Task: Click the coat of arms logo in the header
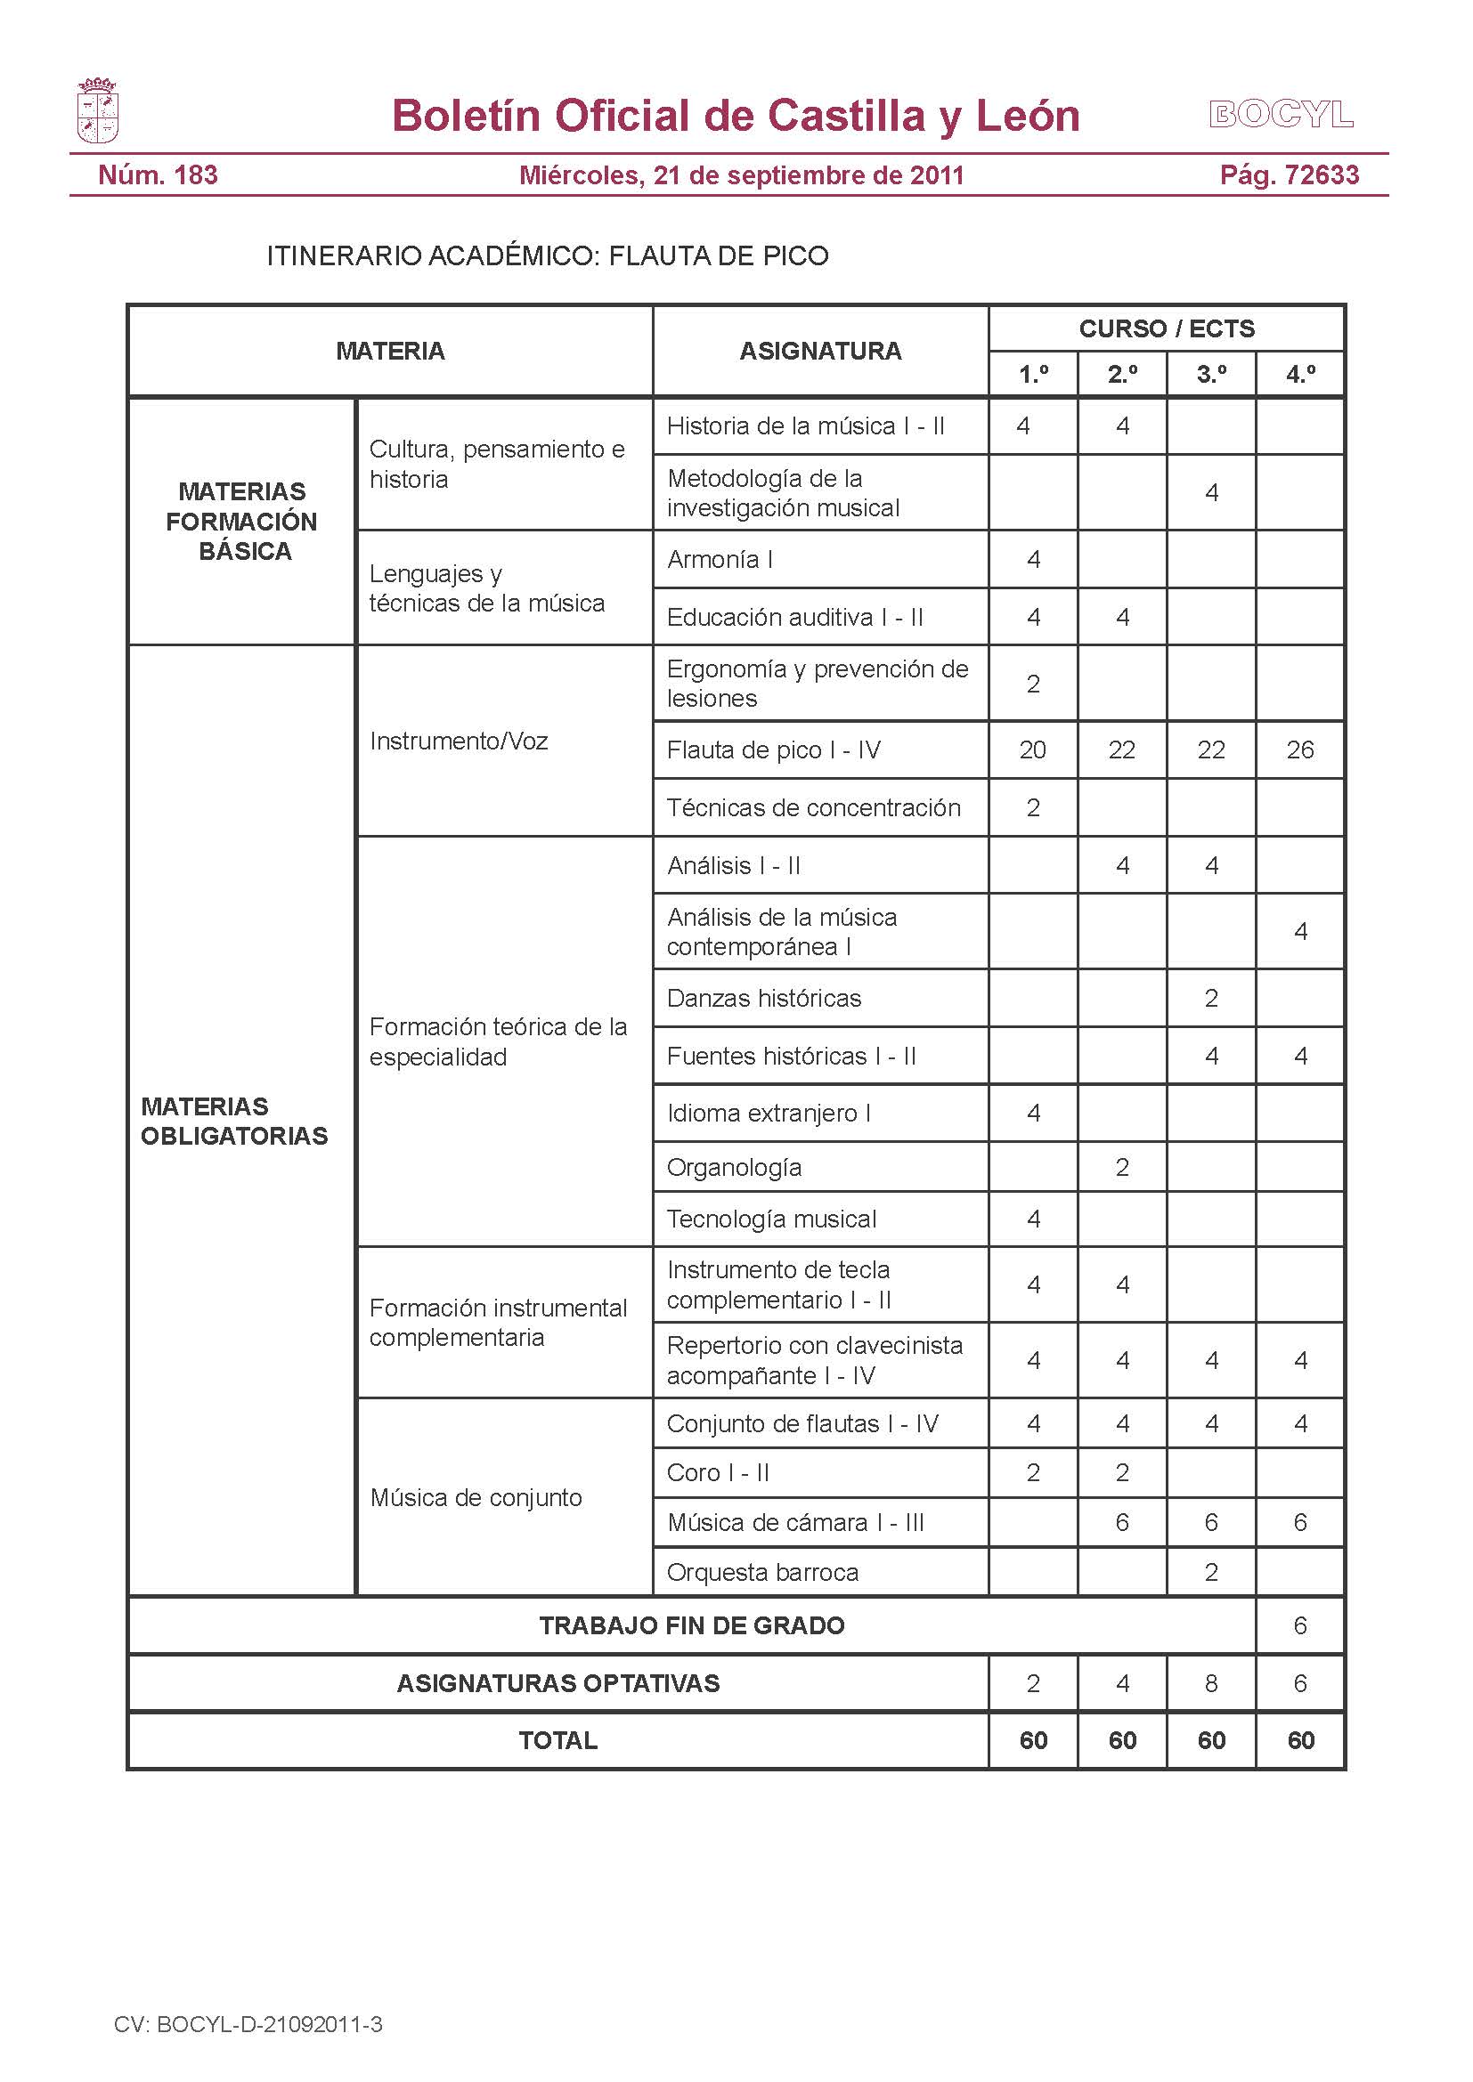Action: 97,111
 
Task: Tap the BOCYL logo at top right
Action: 1281,115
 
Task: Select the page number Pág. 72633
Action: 1289,175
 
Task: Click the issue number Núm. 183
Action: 158,175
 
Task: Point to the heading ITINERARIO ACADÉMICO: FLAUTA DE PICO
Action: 547,255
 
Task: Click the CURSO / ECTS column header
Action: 1166,328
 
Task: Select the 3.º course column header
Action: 1211,375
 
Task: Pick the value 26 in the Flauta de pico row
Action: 1299,749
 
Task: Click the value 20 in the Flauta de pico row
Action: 1032,749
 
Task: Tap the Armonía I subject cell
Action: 720,560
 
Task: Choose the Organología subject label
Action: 734,1167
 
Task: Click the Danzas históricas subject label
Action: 764,999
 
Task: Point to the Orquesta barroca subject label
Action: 762,1572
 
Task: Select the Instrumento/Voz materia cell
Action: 459,741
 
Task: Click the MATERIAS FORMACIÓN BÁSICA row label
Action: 242,522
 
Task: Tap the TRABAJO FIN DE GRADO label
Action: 691,1626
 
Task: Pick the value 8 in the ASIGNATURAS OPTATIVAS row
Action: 1211,1684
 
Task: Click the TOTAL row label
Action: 557,1740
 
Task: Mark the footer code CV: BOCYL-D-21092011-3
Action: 248,2024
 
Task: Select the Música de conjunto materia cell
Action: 476,1498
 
